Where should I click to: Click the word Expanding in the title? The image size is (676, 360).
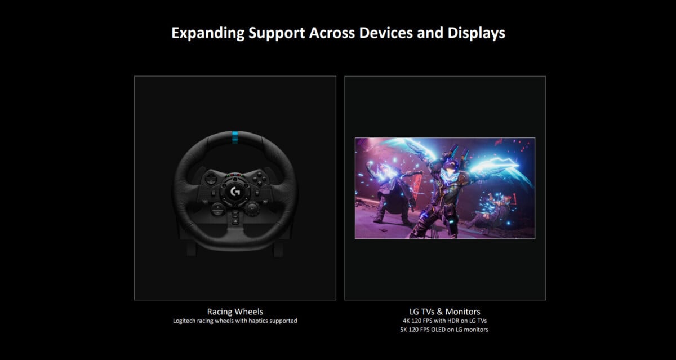point(208,33)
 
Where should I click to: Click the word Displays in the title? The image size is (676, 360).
point(476,33)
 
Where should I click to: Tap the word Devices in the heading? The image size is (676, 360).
point(386,33)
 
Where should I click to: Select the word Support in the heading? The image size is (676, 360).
point(277,33)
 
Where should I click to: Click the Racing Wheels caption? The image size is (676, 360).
point(235,312)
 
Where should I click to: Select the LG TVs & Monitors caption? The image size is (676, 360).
point(444,312)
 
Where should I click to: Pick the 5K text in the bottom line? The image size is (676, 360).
point(403,330)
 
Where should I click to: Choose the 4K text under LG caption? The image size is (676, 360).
point(406,321)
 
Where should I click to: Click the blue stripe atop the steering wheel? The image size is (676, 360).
point(235,137)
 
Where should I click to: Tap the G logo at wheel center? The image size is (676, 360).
point(235,192)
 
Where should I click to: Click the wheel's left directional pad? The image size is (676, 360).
point(210,179)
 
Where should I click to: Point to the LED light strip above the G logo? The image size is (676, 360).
point(235,175)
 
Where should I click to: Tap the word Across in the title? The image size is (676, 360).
point(332,33)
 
